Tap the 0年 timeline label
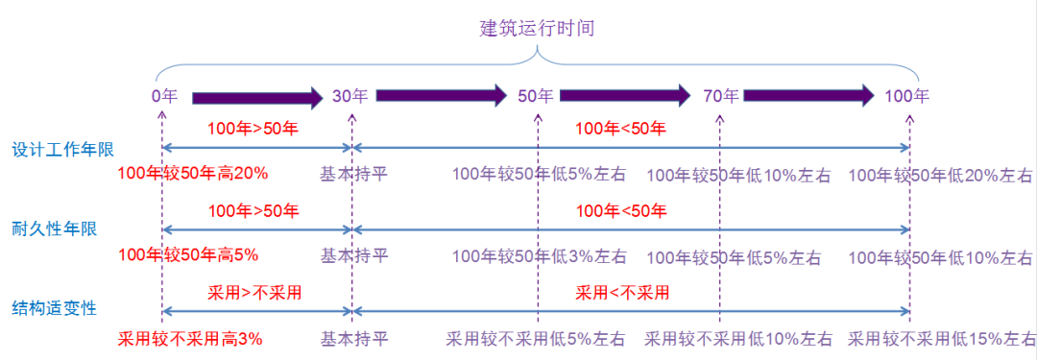coord(164,96)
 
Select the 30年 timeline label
coord(350,96)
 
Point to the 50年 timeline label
coord(536,96)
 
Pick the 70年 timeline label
coord(720,96)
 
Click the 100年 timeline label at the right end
coord(907,96)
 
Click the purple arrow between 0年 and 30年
coord(258,97)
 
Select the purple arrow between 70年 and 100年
coord(808,95)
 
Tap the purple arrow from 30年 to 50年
coord(441,95)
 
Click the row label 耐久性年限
coord(51,228)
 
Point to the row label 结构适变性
coord(51,308)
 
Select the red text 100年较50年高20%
coord(192,174)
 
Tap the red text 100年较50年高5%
coord(187,255)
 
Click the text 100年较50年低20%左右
coord(941,175)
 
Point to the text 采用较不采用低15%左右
coord(940,339)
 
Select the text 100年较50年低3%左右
coord(540,256)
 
